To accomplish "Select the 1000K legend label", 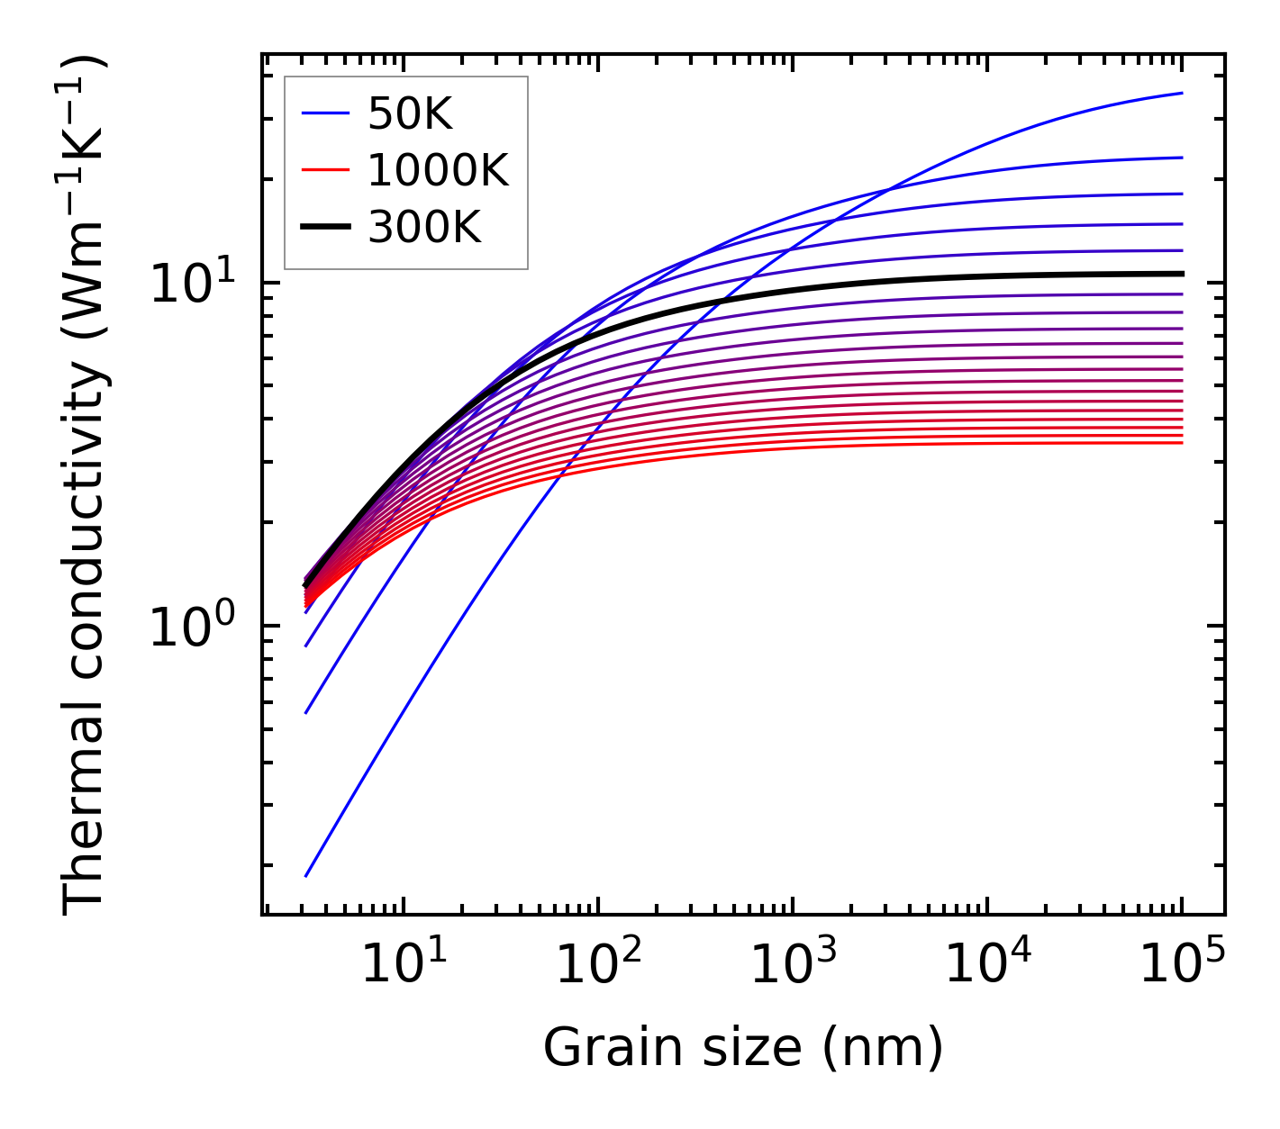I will pos(438,170).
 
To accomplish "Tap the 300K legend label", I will pos(424,228).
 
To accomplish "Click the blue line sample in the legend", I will pos(324,113).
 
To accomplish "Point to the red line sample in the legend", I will pos(324,170).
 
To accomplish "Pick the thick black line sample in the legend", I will pos(324,228).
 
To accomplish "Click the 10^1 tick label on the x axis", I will pos(404,965).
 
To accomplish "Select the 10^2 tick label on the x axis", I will pos(598,965).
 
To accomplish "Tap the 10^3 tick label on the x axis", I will pos(793,965).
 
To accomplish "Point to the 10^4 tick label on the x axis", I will pos(987,965).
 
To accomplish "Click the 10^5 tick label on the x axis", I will pos(1182,965).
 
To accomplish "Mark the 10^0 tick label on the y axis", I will pos(191,627).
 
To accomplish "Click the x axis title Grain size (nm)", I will pos(743,1048).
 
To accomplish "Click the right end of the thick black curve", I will pos(1181,274).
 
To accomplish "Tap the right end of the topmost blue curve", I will pos(1181,93).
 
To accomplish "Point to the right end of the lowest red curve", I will pos(1181,442).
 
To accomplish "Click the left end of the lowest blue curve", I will pos(306,875).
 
